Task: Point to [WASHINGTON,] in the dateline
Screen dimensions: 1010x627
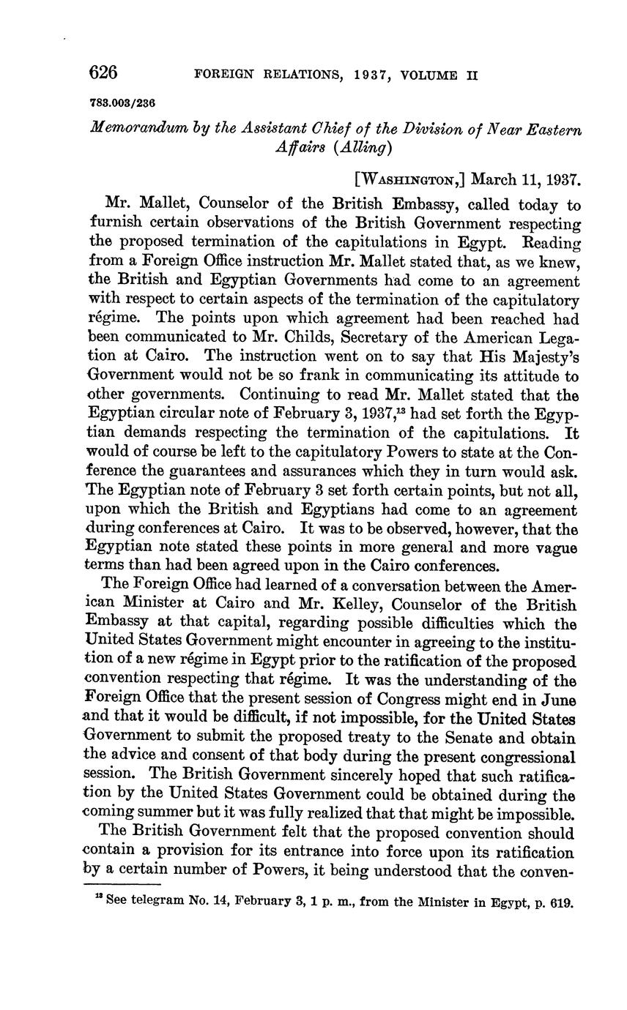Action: coord(408,179)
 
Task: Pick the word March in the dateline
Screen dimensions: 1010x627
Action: coord(494,179)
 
